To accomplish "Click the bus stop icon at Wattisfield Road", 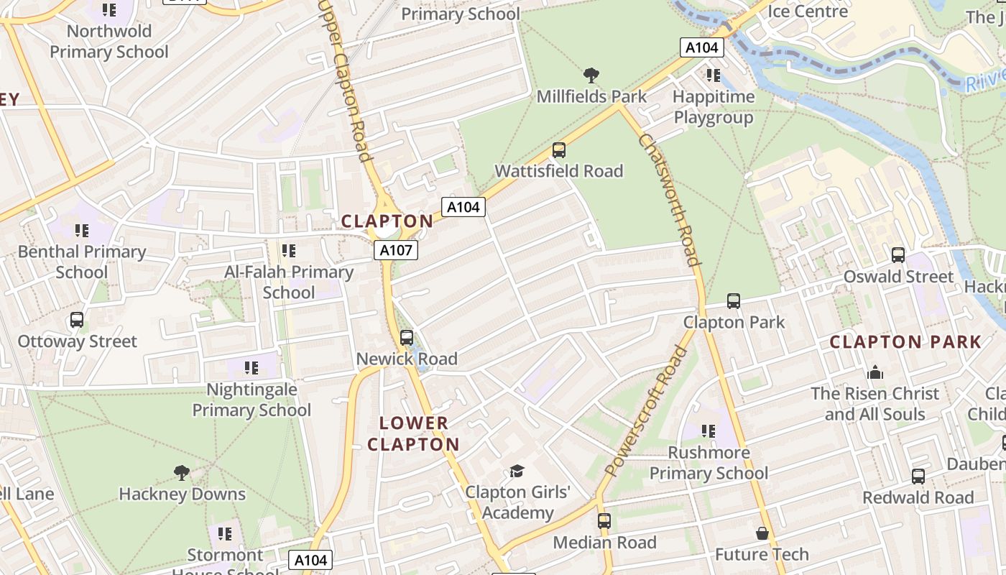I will [x=559, y=150].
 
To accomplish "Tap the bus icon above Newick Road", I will [x=407, y=338].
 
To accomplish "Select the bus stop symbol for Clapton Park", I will [x=734, y=301].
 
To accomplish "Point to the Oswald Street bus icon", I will [x=898, y=255].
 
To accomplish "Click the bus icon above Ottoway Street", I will [x=77, y=320].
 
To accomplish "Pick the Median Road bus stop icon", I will [x=604, y=521].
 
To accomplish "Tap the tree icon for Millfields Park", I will [x=591, y=75].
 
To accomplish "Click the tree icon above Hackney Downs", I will [x=182, y=473].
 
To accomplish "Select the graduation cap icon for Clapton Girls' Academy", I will [x=517, y=471].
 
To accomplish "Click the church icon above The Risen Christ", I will [x=875, y=372].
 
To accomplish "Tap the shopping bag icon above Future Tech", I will [x=762, y=533].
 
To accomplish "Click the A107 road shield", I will [x=395, y=250].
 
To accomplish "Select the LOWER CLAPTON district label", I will [x=413, y=433].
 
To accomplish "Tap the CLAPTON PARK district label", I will [x=905, y=342].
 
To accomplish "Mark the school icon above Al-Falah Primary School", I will [x=289, y=251].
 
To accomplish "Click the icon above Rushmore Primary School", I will [x=709, y=431].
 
